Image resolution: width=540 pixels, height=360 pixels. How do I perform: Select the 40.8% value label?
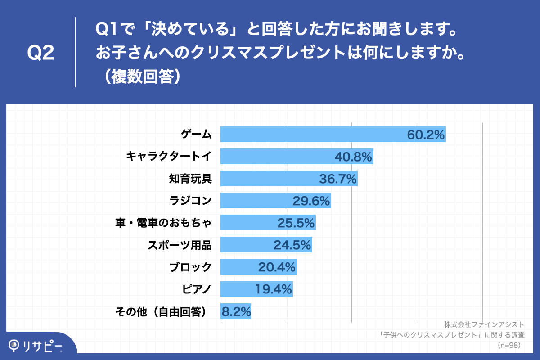tap(353, 157)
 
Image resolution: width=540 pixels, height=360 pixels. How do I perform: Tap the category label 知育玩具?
tap(190, 179)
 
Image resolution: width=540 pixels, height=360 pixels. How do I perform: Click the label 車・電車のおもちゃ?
tap(163, 223)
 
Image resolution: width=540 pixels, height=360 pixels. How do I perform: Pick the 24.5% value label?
tap(292, 245)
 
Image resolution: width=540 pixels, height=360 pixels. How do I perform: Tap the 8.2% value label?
tap(236, 311)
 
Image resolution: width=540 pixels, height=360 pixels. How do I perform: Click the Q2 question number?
tap(40, 53)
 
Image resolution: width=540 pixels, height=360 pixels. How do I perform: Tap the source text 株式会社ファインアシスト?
tap(484, 324)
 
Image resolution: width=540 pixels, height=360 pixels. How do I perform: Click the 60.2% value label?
tap(426, 135)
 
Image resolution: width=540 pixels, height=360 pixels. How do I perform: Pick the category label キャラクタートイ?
tap(168, 157)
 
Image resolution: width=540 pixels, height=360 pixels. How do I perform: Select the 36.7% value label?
tap(338, 179)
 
